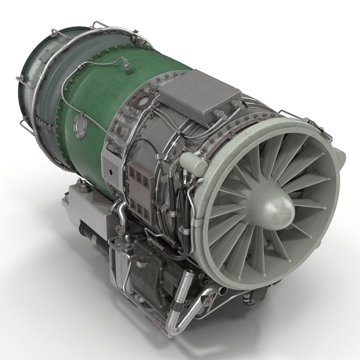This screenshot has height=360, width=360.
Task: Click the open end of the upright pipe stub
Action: coord(189,274)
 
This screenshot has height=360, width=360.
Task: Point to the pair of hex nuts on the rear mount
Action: coord(81,184)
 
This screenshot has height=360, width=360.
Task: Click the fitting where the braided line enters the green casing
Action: coord(128,69)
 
